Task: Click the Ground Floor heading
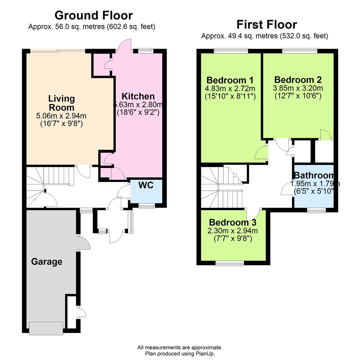[93, 15]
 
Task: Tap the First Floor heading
[266, 24]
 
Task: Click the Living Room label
[61, 103]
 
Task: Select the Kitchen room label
[138, 96]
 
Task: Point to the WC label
[146, 185]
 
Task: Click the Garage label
[47, 262]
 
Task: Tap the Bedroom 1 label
[230, 80]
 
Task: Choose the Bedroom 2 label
[298, 80]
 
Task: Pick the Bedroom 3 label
[233, 222]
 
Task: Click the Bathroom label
[313, 176]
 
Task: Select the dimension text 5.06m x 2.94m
[61, 116]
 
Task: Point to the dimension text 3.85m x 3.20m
[298, 88]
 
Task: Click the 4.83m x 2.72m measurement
[230, 89]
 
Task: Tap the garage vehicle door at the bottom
[46, 328]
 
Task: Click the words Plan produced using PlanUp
[180, 354]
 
